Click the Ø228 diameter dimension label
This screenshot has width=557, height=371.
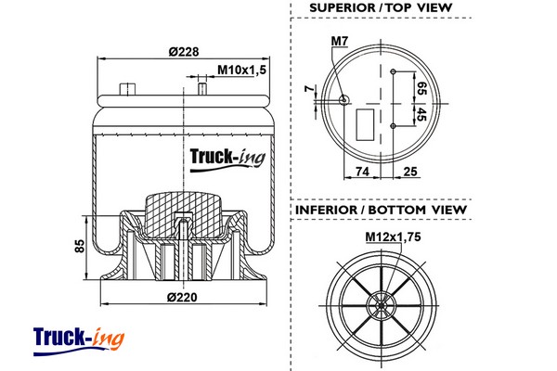[184, 52]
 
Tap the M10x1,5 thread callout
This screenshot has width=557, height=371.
[241, 70]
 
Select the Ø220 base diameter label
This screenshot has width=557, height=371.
[182, 297]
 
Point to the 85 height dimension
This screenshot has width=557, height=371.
[81, 246]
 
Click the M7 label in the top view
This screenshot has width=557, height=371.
[339, 41]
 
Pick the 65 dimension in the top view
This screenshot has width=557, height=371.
[421, 88]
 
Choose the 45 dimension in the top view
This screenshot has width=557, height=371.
[421, 114]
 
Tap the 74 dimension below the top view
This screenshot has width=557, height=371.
[362, 172]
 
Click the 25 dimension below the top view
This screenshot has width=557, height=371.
[410, 172]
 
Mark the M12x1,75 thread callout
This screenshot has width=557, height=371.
[393, 237]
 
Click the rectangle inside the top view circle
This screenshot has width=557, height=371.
[365, 124]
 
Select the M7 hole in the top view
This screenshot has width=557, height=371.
[343, 100]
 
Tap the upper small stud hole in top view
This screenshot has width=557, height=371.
[393, 71]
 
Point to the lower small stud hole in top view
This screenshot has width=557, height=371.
[393, 126]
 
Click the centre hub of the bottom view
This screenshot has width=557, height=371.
[382, 305]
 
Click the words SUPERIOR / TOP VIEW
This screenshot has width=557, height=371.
[381, 8]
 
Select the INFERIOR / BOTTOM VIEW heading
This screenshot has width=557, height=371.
[381, 210]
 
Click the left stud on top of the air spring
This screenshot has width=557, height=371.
[127, 89]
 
